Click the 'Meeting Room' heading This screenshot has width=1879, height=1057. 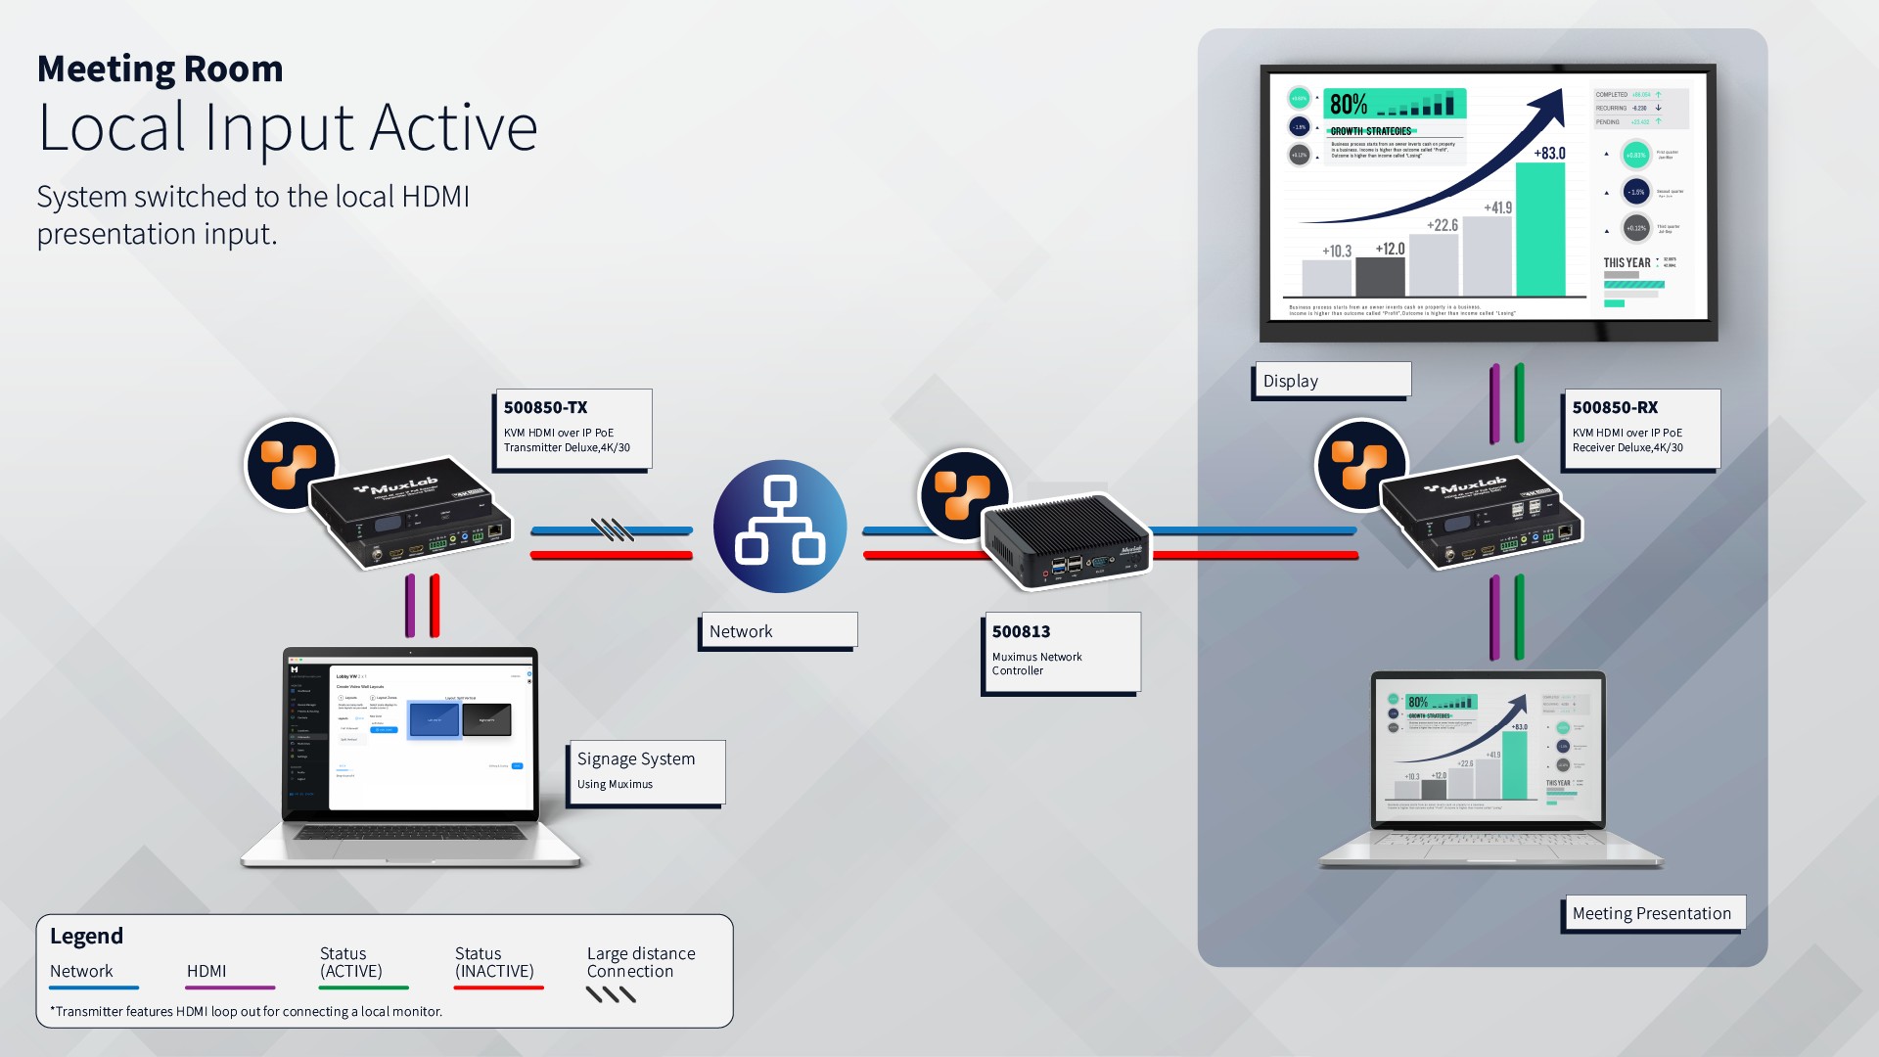160,69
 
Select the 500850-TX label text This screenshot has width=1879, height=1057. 545,407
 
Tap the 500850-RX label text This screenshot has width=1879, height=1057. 1615,407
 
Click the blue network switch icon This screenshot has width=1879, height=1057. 780,527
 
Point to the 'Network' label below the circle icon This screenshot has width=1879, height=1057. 741,631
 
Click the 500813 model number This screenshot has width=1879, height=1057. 1021,631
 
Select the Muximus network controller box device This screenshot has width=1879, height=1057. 1065,543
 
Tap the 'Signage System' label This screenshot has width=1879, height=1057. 636,758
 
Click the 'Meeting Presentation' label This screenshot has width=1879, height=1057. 1651,913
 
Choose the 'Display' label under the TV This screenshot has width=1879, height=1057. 1290,381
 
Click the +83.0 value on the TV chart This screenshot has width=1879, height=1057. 1549,153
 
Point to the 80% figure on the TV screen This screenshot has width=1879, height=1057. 1349,104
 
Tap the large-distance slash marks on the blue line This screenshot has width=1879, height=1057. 613,529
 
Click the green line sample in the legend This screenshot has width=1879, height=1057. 363,988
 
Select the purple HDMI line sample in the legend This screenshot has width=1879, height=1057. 230,988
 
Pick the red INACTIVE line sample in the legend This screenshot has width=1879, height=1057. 498,988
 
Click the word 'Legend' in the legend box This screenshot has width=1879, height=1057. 86,936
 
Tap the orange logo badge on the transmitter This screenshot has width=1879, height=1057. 290,465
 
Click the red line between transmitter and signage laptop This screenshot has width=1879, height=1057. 435,606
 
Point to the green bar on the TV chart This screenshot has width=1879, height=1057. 1539,230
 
